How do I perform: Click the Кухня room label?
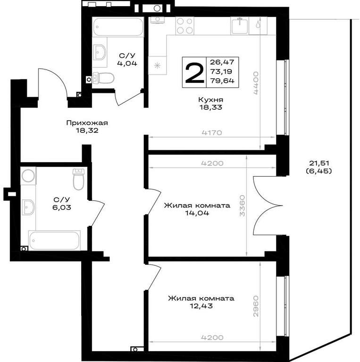[210, 100]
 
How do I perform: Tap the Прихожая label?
[87, 123]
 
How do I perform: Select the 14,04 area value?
[197, 213]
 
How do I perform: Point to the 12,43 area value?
[201, 306]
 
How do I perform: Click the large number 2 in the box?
[194, 73]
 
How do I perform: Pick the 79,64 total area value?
[222, 81]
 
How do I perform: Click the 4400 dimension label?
[256, 83]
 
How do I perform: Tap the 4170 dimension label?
[212, 132]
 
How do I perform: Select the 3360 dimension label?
[242, 206]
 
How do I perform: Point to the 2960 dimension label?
[256, 306]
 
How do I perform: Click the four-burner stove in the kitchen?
[184, 26]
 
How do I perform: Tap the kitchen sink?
[240, 25]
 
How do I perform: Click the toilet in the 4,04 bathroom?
[103, 78]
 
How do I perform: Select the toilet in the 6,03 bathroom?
[79, 179]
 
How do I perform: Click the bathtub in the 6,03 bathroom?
[54, 240]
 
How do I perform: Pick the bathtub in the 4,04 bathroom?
[118, 27]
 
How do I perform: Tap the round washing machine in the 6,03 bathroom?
[28, 175]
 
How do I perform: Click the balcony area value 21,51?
[318, 163]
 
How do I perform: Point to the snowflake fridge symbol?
[158, 66]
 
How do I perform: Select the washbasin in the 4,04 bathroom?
[100, 52]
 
